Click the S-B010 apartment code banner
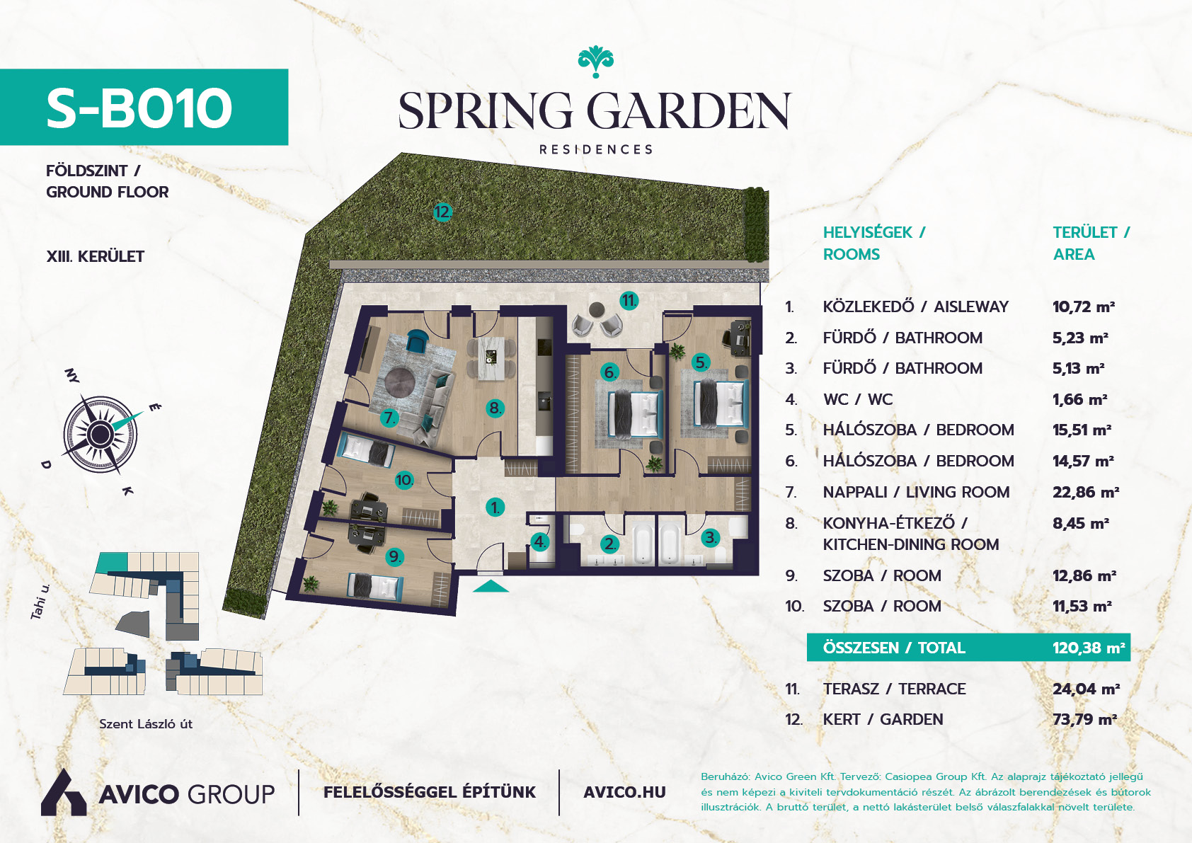(x=144, y=107)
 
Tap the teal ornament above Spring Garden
(x=595, y=62)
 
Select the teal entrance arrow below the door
(x=491, y=586)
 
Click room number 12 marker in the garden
(x=442, y=212)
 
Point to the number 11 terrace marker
(x=629, y=301)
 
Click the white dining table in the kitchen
(x=490, y=358)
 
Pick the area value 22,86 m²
(x=1086, y=493)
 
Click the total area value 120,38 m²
(x=1089, y=648)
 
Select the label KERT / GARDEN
(x=883, y=720)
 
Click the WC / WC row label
(x=858, y=400)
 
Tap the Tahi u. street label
(x=40, y=602)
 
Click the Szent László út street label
(x=146, y=724)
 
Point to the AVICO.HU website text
(x=625, y=793)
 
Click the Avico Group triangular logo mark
(x=64, y=793)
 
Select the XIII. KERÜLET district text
(x=96, y=256)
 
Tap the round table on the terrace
(x=597, y=310)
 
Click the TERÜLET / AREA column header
(x=1091, y=243)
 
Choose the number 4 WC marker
(x=539, y=542)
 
